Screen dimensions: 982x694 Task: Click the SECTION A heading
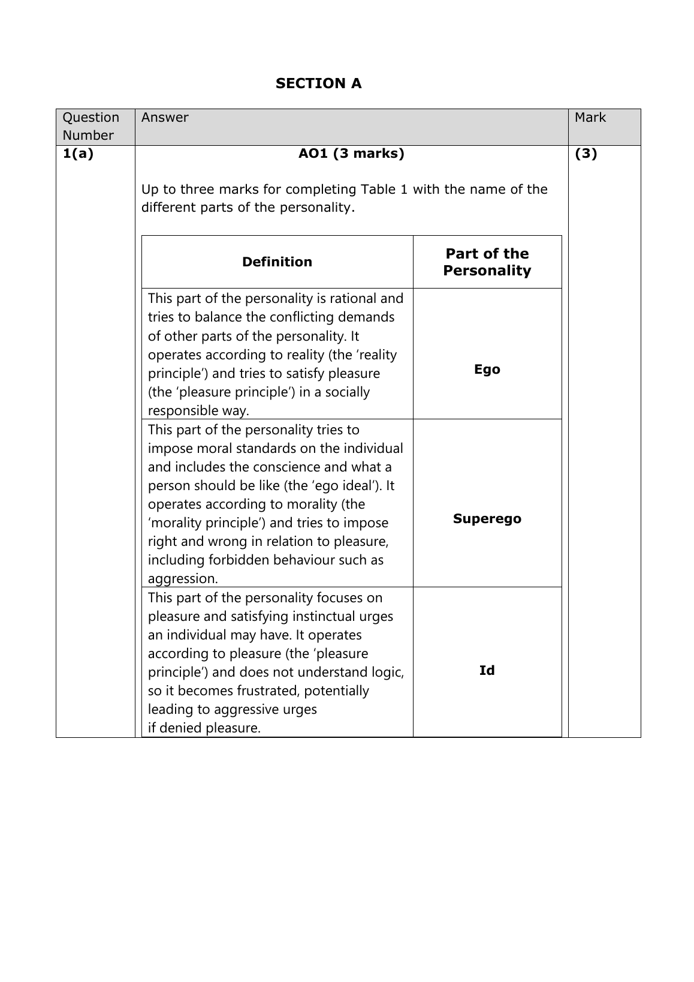318,83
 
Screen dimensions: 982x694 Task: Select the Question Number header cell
90,126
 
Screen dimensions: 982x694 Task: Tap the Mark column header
590,118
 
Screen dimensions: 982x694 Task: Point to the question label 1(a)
78,154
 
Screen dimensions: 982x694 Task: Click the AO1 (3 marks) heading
351,154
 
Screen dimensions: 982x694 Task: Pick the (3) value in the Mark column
586,154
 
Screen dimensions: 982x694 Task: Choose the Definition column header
277,262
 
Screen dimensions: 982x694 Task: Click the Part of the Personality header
487,262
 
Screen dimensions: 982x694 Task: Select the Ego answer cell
487,370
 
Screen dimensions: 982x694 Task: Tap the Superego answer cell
487,519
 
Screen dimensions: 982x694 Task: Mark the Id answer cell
487,671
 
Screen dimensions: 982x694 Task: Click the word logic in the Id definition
387,672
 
